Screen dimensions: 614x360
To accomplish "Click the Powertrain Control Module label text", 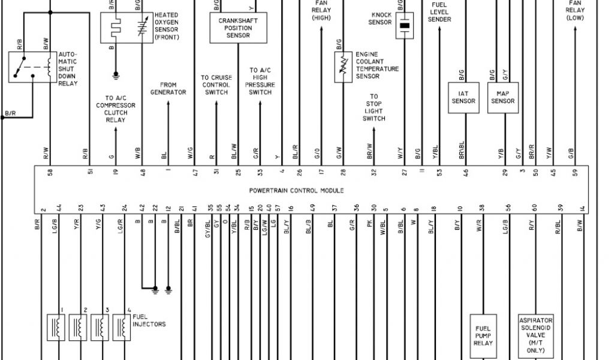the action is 296,190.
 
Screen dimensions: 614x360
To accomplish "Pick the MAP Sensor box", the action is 503,97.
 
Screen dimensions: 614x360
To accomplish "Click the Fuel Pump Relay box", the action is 483,336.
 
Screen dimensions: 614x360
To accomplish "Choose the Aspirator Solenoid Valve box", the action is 535,335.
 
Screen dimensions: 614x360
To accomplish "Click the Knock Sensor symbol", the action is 405,26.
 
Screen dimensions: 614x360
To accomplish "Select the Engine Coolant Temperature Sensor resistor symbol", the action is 344,67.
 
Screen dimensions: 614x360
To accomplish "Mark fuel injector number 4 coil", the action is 122,327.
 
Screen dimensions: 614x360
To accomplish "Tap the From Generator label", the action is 168,89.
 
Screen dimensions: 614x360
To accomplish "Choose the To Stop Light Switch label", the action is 374,107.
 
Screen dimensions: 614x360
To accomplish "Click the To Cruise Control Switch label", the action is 216,85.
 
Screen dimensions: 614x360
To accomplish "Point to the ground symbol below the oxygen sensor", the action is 116,76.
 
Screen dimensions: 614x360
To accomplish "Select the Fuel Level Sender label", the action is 440,12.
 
